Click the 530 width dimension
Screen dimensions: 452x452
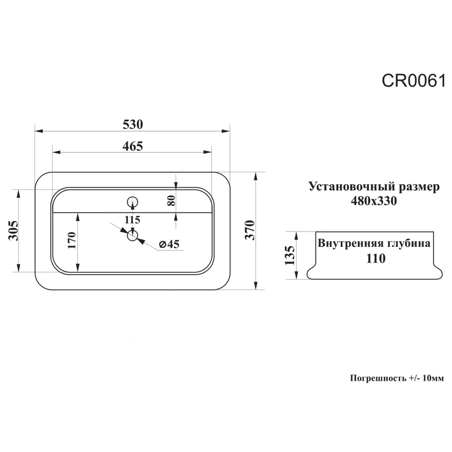pyautogui.click(x=132, y=124)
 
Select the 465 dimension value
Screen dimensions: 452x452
pyautogui.click(x=132, y=146)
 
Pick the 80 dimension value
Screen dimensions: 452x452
pyautogui.click(x=171, y=199)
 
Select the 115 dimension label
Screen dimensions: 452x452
pyautogui.click(x=132, y=219)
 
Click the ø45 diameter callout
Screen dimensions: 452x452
pyautogui.click(x=169, y=244)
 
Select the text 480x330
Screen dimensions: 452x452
pyautogui.click(x=373, y=201)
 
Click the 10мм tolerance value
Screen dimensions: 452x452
pyautogui.click(x=433, y=378)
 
